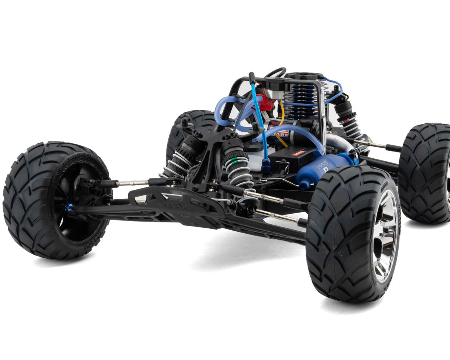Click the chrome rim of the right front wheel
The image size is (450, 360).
click(x=384, y=236)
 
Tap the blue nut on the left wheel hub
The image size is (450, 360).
click(x=69, y=207)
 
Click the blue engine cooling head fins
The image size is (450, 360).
click(x=300, y=99)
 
